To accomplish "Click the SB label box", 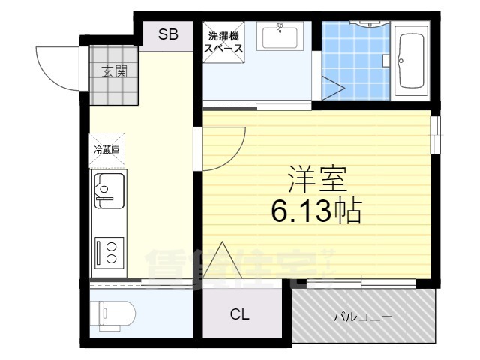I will coord(168,34).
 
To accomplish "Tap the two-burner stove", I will coord(108,250).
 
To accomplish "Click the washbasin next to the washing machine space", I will coord(280,37).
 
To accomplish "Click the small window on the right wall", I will coord(436,136).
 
